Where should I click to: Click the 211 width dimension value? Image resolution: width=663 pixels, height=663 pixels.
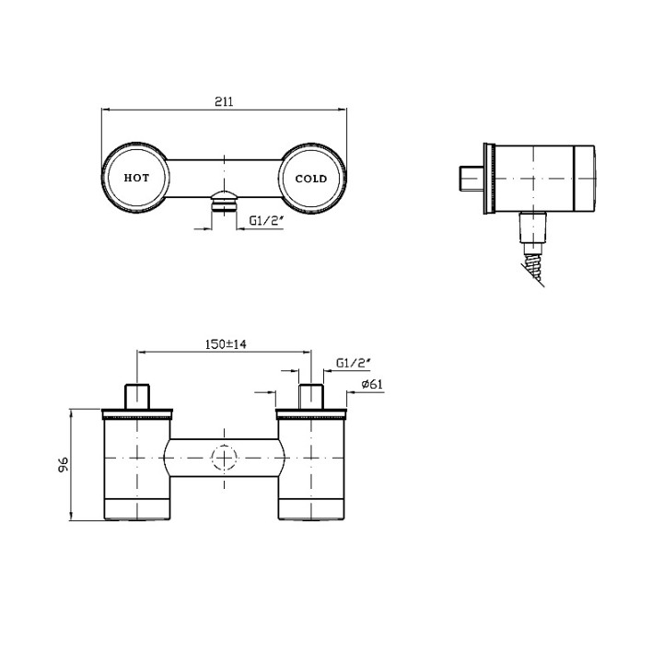point(224,101)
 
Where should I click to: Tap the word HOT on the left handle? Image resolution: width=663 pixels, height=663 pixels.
point(136,178)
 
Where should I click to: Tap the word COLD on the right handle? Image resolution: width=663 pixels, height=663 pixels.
point(311,179)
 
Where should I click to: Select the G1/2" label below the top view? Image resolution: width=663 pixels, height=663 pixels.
point(265,220)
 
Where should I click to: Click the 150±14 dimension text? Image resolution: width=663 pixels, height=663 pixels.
point(226,344)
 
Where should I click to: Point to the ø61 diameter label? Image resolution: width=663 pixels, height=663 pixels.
point(372,384)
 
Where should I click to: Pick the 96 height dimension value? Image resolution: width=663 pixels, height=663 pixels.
point(64,465)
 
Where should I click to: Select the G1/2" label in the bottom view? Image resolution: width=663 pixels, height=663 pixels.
point(354,363)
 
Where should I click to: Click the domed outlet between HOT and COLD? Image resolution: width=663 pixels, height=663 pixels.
point(224,202)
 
